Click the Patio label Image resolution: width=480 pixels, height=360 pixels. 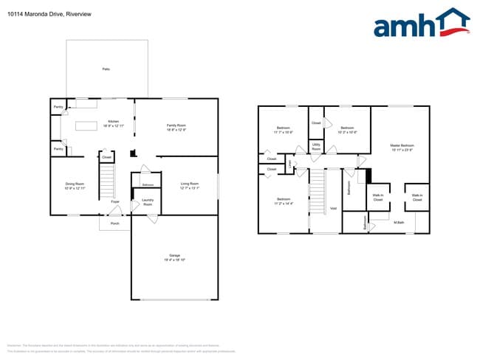(106, 69)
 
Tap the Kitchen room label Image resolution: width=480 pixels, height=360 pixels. (113, 123)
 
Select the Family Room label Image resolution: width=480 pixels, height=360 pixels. (176, 128)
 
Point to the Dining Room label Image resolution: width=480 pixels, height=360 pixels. (75, 185)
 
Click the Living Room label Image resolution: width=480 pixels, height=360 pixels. (190, 185)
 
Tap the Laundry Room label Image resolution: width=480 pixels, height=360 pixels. (147, 201)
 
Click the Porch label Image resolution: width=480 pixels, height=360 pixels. (114, 222)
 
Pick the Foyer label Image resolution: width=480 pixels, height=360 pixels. (115, 201)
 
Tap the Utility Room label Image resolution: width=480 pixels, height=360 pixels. (316, 148)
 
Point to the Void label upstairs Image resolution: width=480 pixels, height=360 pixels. (333, 208)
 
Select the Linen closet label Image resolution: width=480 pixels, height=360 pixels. (290, 163)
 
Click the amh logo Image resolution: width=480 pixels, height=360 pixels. (422, 24)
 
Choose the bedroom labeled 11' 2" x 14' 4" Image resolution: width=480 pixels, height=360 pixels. (283, 201)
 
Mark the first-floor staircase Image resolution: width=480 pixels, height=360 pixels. (108, 181)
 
